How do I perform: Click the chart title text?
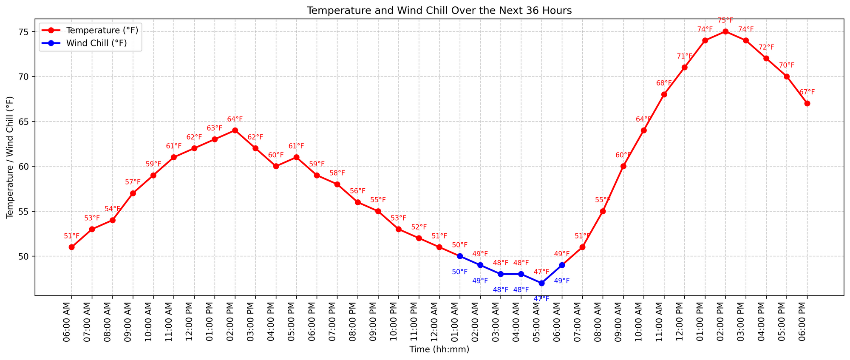439,11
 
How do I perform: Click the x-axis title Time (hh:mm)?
439,349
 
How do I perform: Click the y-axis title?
10,157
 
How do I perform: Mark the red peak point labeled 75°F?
725,31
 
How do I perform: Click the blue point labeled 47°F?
541,283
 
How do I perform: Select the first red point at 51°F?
71,247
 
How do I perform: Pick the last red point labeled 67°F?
807,103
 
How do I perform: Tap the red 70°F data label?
786,65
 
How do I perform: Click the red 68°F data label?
664,83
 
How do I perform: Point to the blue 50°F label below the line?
459,272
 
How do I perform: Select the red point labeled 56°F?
357,202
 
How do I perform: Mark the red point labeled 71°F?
684,67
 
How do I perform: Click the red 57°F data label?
133,182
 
